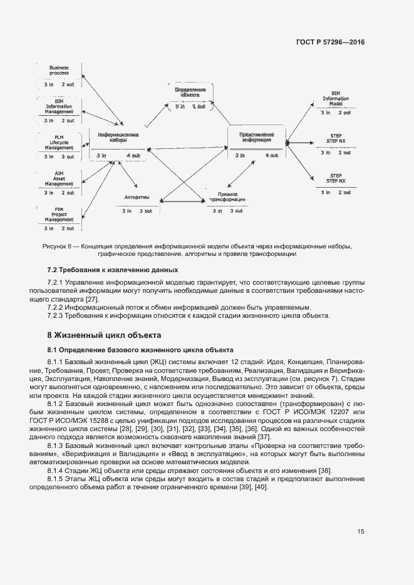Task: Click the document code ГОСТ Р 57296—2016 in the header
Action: click(329, 43)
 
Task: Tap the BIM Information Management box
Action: click(59, 110)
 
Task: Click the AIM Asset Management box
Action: click(59, 182)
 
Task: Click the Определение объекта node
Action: click(190, 98)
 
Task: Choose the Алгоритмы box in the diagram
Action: click(137, 203)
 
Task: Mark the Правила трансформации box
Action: click(227, 203)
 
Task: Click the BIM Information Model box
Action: click(336, 103)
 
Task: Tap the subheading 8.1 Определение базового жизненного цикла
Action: click(140, 350)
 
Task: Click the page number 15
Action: click(361, 531)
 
